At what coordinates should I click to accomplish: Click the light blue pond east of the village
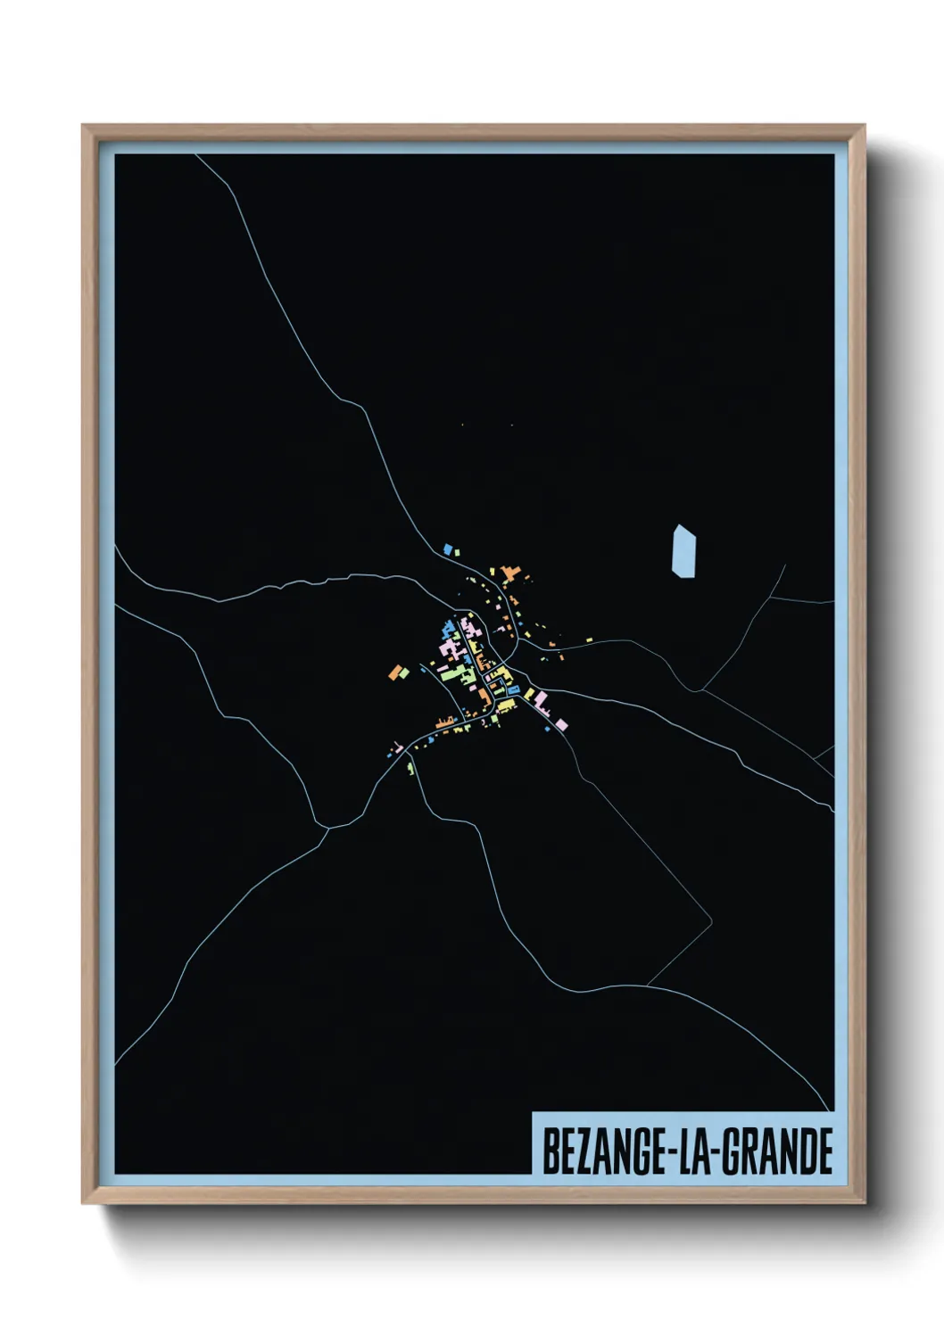(683, 551)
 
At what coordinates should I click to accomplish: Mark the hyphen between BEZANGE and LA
(672, 1153)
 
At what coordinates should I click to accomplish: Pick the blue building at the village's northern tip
(448, 548)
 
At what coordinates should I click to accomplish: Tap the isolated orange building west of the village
(395, 672)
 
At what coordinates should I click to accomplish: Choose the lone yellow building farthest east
(589, 639)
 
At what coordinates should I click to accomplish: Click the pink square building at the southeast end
(561, 723)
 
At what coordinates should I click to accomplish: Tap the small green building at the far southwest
(410, 767)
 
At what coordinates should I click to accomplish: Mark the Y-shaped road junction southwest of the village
(327, 829)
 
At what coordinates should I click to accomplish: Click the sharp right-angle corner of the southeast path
(711, 919)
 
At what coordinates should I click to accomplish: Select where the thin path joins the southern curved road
(647, 985)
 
